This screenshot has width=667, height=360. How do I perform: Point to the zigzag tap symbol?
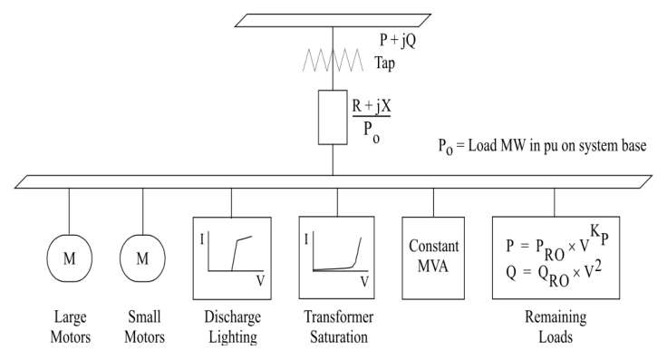tap(333, 61)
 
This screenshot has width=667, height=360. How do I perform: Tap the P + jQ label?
tap(398, 41)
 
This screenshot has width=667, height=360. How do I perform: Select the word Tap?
tap(385, 63)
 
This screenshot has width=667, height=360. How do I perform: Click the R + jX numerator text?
tap(372, 105)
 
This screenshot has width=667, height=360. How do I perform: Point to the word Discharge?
tap(232, 317)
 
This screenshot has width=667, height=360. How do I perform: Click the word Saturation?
tap(339, 337)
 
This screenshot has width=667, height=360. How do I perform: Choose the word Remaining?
tap(556, 317)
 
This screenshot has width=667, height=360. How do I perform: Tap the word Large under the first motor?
tap(70, 317)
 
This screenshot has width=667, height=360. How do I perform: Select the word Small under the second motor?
tap(144, 317)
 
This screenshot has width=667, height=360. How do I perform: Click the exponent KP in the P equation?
tap(599, 234)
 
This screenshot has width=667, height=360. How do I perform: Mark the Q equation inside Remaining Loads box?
tap(554, 275)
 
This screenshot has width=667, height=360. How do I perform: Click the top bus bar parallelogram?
tap(333, 21)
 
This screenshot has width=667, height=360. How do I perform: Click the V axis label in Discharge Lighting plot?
tap(260, 281)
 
